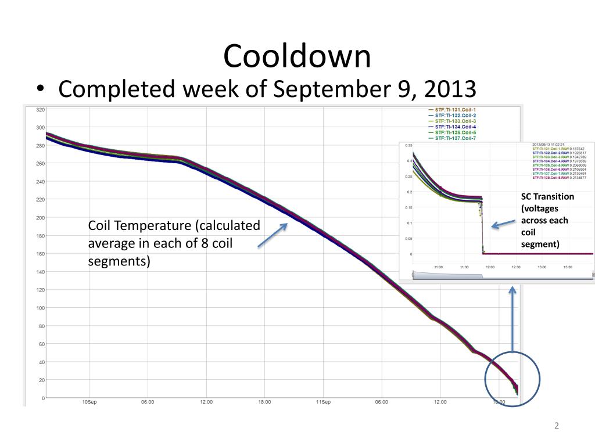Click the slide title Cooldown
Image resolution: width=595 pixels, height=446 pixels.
(297, 56)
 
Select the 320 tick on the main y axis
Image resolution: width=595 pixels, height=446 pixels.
(41, 109)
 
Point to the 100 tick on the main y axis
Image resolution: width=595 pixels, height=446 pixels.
(41, 308)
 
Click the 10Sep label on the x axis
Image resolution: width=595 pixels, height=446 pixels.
(89, 402)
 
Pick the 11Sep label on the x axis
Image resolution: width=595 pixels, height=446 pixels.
(323, 402)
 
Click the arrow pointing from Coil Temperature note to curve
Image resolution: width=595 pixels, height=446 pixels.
(273, 235)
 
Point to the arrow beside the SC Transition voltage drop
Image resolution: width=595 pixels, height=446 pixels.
(503, 223)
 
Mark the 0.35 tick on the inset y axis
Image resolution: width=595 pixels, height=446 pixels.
(408, 145)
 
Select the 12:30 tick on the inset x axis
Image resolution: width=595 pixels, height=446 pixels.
(516, 267)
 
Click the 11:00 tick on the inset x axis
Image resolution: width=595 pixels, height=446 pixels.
(438, 267)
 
